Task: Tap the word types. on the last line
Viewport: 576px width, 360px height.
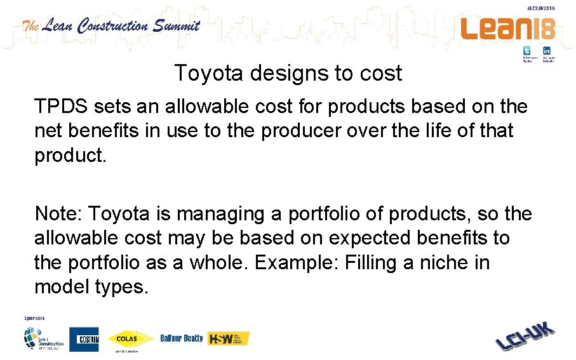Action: click(x=119, y=286)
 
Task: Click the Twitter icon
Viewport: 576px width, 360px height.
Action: click(x=526, y=51)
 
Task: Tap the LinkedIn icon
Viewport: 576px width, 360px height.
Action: click(x=546, y=51)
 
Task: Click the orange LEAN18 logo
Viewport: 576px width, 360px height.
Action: click(x=508, y=29)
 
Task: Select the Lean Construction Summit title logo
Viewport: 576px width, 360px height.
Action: click(x=112, y=26)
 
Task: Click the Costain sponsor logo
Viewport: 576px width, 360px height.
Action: click(x=84, y=339)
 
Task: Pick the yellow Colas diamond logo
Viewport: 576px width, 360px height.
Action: click(x=130, y=338)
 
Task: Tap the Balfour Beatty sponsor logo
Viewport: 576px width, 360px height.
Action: click(x=182, y=338)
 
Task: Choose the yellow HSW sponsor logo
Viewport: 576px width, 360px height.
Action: click(x=229, y=338)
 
